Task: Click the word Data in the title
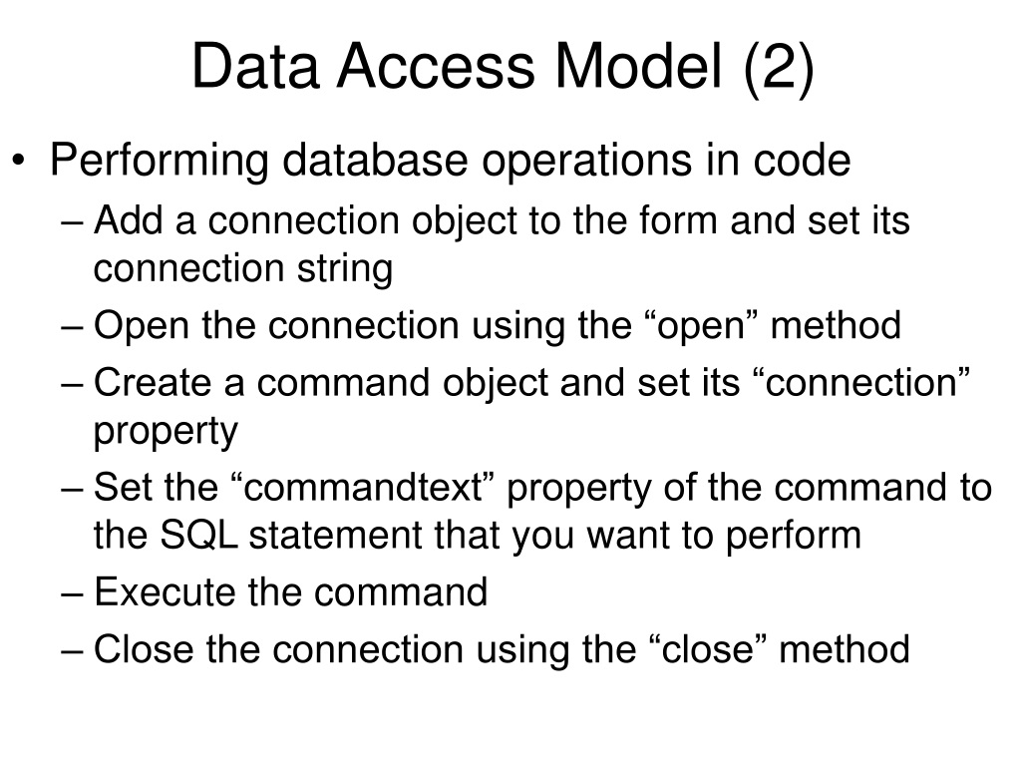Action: pyautogui.click(x=256, y=66)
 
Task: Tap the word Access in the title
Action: pyautogui.click(x=436, y=66)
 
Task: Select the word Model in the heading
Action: pyautogui.click(x=639, y=66)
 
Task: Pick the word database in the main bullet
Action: pyautogui.click(x=375, y=160)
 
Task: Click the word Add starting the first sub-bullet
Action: pyautogui.click(x=129, y=219)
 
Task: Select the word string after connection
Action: pyautogui.click(x=345, y=269)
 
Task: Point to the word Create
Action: pyautogui.click(x=153, y=382)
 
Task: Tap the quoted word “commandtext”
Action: pyautogui.click(x=363, y=487)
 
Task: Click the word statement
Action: pyautogui.click(x=336, y=536)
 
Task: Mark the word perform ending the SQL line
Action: pyautogui.click(x=793, y=537)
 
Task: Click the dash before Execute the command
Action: pyautogui.click(x=72, y=595)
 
